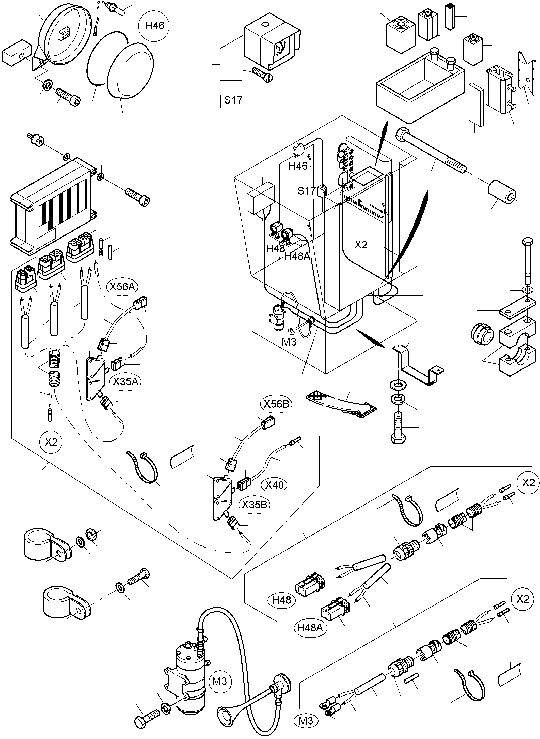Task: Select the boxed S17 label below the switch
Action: pos(233,100)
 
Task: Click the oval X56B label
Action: pos(276,404)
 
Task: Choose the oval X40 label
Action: pos(274,485)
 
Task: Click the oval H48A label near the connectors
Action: pos(310,627)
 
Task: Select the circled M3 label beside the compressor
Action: pos(219,681)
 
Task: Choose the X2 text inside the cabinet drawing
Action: pos(361,245)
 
